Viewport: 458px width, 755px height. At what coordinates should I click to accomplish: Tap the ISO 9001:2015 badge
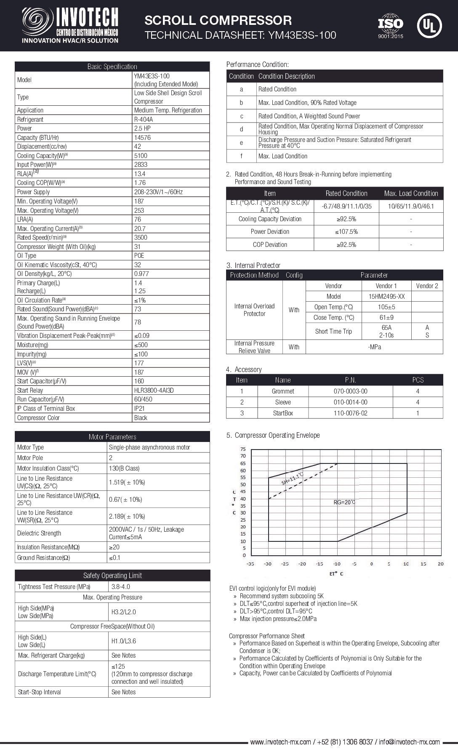point(390,26)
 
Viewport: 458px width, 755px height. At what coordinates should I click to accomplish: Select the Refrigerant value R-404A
point(144,120)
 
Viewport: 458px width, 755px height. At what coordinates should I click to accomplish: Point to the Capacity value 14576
point(142,138)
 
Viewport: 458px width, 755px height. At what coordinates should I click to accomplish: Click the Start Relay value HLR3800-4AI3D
point(154,391)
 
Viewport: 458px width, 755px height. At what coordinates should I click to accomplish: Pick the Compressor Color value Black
point(141,418)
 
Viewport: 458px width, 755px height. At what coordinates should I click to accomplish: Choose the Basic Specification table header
point(112,67)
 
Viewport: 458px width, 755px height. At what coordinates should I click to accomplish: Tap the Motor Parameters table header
point(112,437)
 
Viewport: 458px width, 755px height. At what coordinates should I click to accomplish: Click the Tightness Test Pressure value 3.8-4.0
point(121,587)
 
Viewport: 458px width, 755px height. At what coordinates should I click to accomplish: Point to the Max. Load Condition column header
point(411,193)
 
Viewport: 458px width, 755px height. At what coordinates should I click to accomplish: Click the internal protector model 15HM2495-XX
point(386,297)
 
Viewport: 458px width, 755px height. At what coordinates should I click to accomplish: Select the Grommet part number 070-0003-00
point(350,391)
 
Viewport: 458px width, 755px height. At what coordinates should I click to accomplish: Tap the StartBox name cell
point(283,413)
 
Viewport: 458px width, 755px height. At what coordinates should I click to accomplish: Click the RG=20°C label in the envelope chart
point(344,502)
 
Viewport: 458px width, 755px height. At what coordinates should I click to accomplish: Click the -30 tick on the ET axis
point(267,564)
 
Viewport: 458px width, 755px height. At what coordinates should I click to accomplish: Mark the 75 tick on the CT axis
point(243,449)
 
